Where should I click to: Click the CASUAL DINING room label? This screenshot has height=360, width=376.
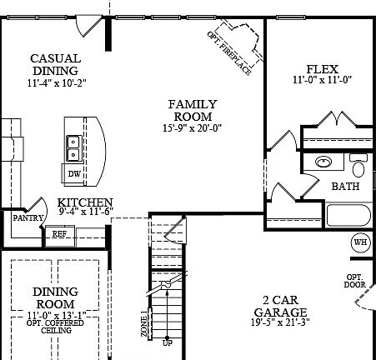(55, 64)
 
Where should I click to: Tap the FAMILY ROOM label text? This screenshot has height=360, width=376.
(193, 110)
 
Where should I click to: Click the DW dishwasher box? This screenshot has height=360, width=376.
(74, 174)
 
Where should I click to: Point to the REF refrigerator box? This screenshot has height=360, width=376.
(60, 234)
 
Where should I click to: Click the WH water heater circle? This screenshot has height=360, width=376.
(360, 242)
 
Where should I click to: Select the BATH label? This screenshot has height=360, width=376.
(345, 187)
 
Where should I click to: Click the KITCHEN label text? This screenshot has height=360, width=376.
(85, 202)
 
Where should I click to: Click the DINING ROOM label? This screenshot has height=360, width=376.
(56, 298)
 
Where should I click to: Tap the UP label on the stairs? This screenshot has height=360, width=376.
(168, 342)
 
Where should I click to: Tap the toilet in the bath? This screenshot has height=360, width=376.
(359, 161)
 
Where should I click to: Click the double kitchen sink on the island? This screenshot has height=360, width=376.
(74, 147)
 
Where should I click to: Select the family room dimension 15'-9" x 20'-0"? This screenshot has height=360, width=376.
(193, 128)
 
